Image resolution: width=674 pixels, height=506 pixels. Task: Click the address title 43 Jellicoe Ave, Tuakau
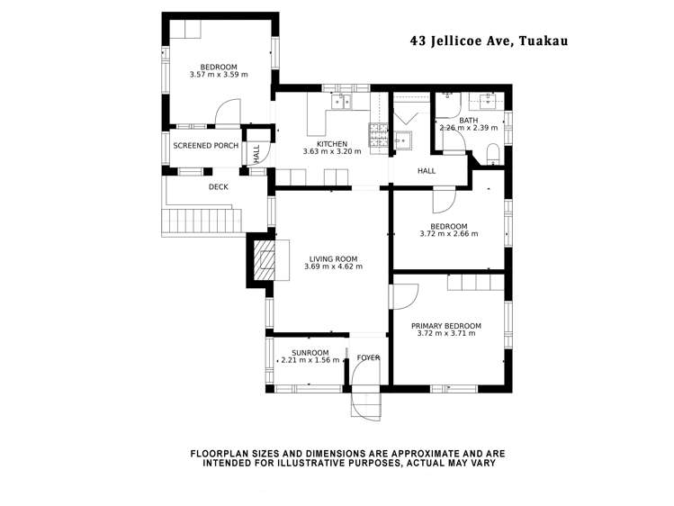click(490, 41)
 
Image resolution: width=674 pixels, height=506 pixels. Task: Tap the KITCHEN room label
click(332, 144)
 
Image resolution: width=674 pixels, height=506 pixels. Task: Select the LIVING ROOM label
click(333, 258)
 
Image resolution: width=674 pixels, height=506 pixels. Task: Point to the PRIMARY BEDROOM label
click(446, 326)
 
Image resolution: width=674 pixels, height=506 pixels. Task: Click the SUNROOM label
click(310, 353)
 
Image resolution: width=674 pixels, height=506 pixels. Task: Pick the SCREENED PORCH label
click(205, 146)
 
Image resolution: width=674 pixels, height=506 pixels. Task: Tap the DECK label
click(219, 187)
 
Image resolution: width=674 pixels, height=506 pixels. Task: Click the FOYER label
click(368, 357)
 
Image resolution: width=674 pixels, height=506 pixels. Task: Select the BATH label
click(468, 121)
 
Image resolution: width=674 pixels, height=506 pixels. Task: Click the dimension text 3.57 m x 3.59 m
click(219, 75)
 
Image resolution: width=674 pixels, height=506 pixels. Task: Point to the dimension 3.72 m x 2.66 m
click(449, 234)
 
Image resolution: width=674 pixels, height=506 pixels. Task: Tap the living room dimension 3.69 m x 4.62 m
click(333, 267)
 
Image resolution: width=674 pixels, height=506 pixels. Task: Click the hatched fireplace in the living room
click(264, 260)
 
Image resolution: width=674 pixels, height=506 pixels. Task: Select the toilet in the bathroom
click(493, 154)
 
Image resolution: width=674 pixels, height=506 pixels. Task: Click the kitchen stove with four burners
click(378, 139)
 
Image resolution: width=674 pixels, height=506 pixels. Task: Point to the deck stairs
click(202, 221)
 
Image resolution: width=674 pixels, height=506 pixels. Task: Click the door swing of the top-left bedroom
click(228, 111)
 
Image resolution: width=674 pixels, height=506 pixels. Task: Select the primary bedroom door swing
click(405, 296)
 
